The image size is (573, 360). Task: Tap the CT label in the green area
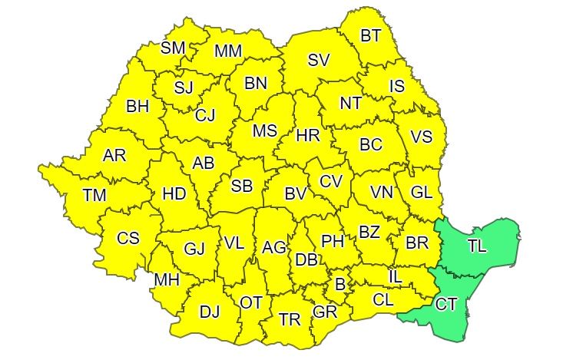447,305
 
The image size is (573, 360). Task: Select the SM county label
173,48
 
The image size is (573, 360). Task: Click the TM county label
94,196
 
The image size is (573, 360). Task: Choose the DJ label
210,312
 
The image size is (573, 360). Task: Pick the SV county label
319,60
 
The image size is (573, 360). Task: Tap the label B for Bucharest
339,284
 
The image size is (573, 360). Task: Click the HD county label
174,194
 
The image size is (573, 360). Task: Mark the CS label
128,239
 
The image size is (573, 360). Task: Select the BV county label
296,194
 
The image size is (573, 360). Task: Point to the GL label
422,193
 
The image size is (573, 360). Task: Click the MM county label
228,51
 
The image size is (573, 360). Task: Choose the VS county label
422,137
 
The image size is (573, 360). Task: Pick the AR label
114,156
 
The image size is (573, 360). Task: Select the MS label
264,130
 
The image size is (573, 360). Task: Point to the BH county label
137,106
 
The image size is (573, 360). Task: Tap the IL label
395,275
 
